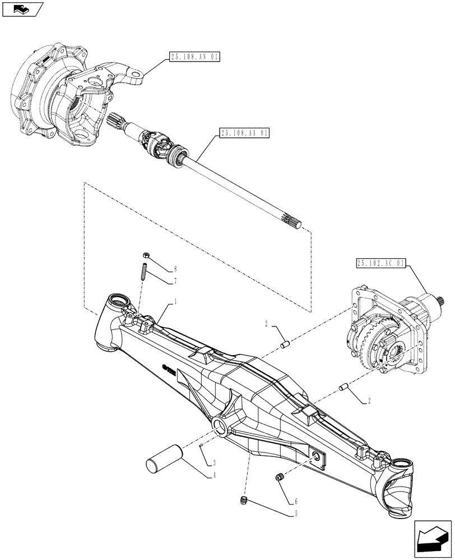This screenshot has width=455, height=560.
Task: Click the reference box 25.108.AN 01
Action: point(194,57)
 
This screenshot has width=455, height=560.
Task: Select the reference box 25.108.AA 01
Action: point(245,133)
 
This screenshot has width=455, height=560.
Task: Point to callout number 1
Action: point(176,301)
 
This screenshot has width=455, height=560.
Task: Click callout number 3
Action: point(213,463)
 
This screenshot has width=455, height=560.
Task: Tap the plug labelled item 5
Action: point(244,499)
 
